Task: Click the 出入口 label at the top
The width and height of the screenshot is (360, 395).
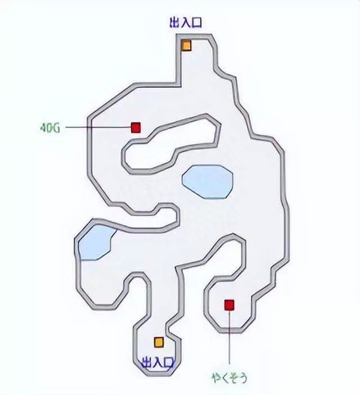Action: point(185,23)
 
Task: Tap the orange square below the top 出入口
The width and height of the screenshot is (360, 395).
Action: point(186,46)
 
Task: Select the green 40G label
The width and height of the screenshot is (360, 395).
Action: point(49,127)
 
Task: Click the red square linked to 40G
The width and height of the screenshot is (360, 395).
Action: point(136,128)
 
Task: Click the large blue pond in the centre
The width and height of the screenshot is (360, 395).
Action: point(207,181)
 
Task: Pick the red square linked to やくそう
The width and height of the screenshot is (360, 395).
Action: point(229,305)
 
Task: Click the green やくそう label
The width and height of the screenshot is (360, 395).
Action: point(229,376)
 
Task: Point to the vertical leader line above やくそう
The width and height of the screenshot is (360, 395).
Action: point(229,338)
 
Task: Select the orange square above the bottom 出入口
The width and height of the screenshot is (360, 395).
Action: point(159,342)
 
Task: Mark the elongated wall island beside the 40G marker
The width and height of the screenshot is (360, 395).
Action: point(169,145)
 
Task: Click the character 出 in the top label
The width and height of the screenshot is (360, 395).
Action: point(174,23)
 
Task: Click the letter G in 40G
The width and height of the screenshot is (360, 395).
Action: point(56,127)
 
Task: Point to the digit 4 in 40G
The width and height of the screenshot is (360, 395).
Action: point(43,127)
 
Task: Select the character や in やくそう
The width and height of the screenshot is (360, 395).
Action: point(216,376)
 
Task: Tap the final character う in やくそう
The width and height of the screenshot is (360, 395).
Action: point(243,376)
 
